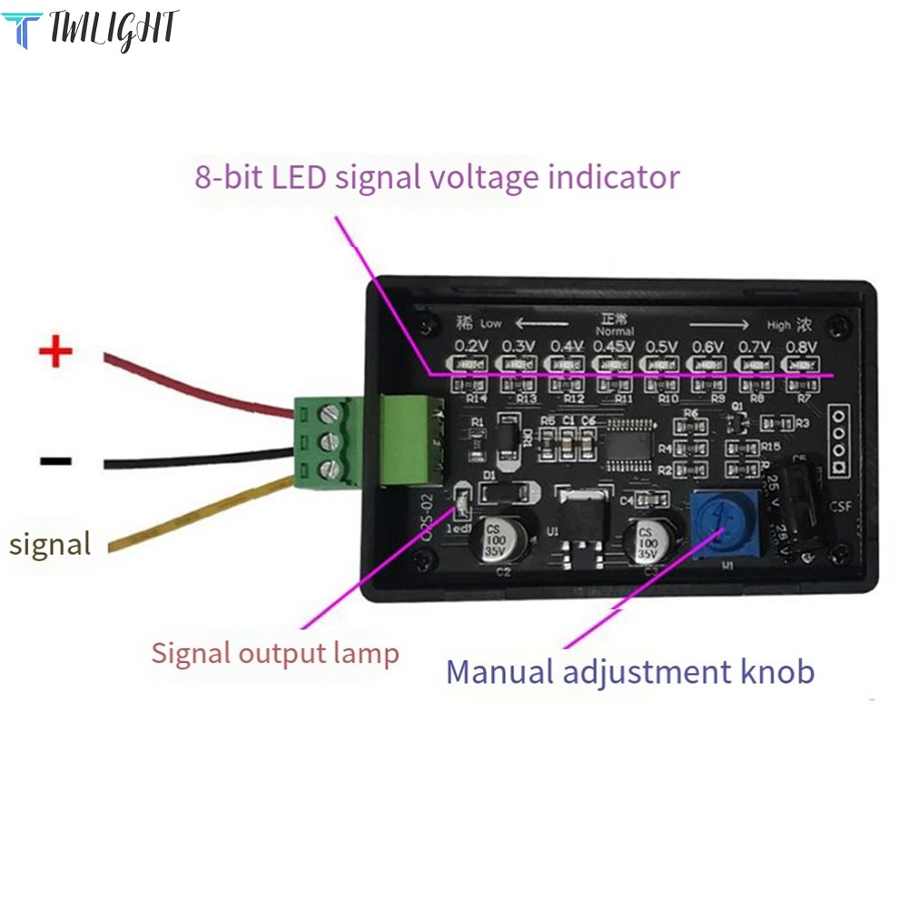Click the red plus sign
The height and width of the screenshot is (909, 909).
[55, 351]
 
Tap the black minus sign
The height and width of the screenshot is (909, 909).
[55, 460]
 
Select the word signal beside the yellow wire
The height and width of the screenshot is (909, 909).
[50, 544]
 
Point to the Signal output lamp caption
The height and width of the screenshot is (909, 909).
[274, 653]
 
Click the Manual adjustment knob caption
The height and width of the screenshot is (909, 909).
[629, 672]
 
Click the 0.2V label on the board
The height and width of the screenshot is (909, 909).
[471, 346]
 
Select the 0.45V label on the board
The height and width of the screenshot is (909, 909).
[616, 346]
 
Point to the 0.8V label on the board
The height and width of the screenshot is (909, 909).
[802, 346]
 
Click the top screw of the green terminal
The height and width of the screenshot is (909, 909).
[330, 415]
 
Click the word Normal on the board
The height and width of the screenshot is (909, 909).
[615, 331]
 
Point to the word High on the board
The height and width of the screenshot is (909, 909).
[778, 325]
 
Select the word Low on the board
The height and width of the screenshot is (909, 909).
[490, 323]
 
